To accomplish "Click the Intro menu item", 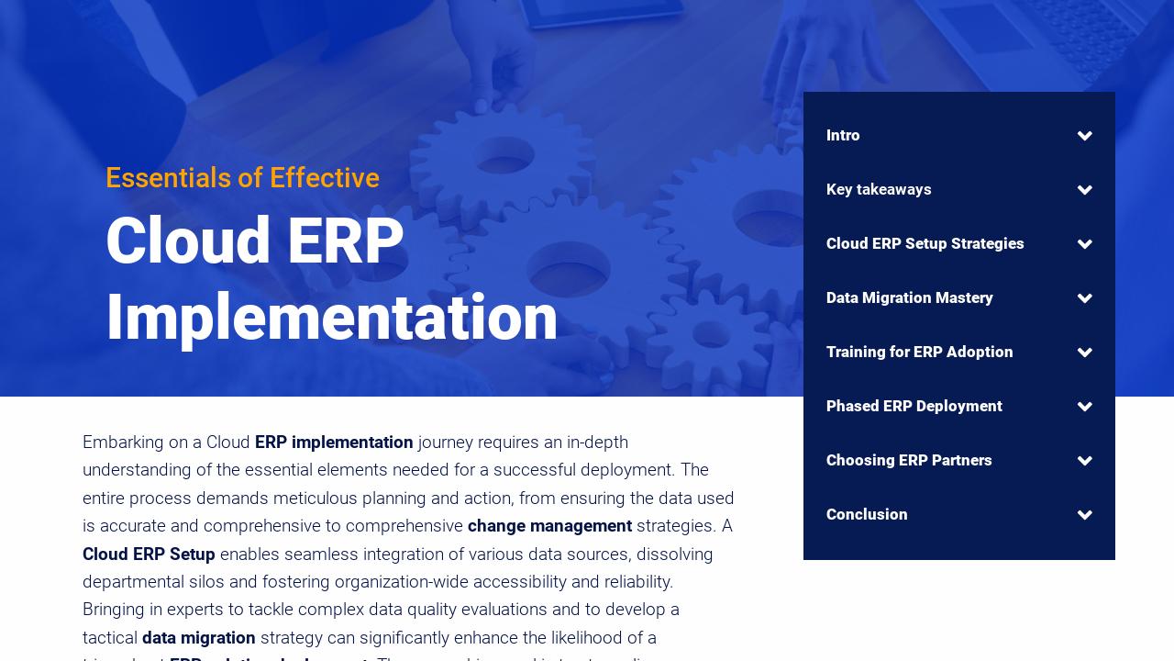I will click(x=843, y=136).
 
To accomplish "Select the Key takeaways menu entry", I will click(x=879, y=190).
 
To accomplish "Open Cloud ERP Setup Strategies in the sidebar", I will click(x=925, y=244).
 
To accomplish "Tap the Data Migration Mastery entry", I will click(x=909, y=298).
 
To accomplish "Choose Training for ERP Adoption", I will click(x=919, y=353).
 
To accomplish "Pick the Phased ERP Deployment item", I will click(x=914, y=407).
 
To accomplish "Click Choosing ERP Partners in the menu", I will click(x=909, y=461).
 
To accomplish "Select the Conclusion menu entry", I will click(x=867, y=515).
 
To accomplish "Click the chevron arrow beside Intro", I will click(x=1085, y=136).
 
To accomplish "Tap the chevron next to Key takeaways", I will click(x=1085, y=190).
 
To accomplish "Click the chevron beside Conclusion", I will click(x=1085, y=515).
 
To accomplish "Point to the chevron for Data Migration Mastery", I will click(x=1085, y=298).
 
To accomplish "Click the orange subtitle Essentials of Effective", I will click(x=242, y=178).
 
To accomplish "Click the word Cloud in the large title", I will click(x=188, y=241).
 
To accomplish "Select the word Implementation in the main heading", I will click(x=331, y=318).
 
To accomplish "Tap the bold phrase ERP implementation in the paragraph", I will click(x=334, y=443).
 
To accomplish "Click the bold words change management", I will click(x=549, y=526).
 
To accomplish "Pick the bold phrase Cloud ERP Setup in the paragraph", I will click(x=149, y=555).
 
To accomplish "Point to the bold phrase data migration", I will click(x=198, y=638).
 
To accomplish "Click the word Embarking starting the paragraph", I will click(x=121, y=443).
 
